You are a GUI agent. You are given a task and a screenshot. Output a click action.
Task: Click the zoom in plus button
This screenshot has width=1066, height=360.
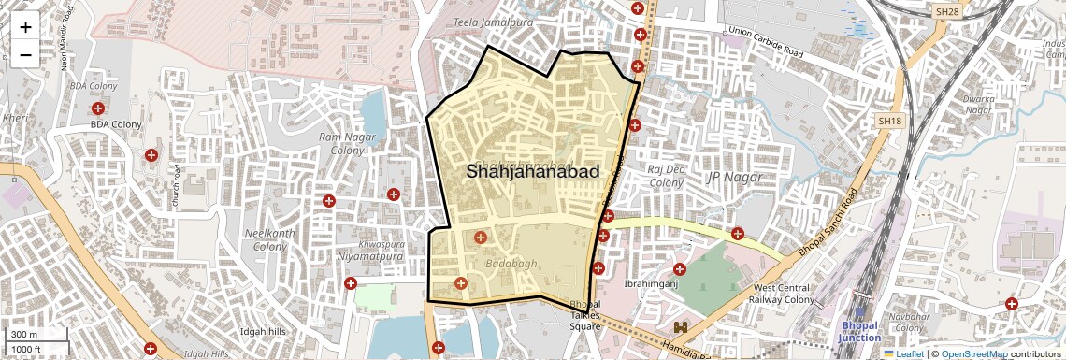(25, 27)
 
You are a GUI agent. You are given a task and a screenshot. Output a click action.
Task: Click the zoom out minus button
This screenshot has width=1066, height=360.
(25, 55)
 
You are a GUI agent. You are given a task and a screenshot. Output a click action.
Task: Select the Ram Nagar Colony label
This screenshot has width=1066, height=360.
(340, 143)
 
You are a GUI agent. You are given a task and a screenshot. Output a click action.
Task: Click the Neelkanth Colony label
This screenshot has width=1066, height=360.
(269, 239)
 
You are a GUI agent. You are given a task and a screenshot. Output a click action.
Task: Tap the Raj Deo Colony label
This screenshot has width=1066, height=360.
(667, 176)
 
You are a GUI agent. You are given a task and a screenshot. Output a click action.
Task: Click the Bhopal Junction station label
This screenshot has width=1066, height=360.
(859, 331)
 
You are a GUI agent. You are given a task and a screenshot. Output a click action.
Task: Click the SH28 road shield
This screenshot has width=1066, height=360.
(947, 11)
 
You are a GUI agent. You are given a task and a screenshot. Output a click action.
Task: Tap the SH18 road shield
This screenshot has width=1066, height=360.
(890, 121)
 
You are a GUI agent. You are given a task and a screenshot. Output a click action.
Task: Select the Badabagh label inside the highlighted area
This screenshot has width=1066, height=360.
(511, 264)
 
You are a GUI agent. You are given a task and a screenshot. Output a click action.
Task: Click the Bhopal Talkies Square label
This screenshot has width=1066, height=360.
(586, 316)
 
